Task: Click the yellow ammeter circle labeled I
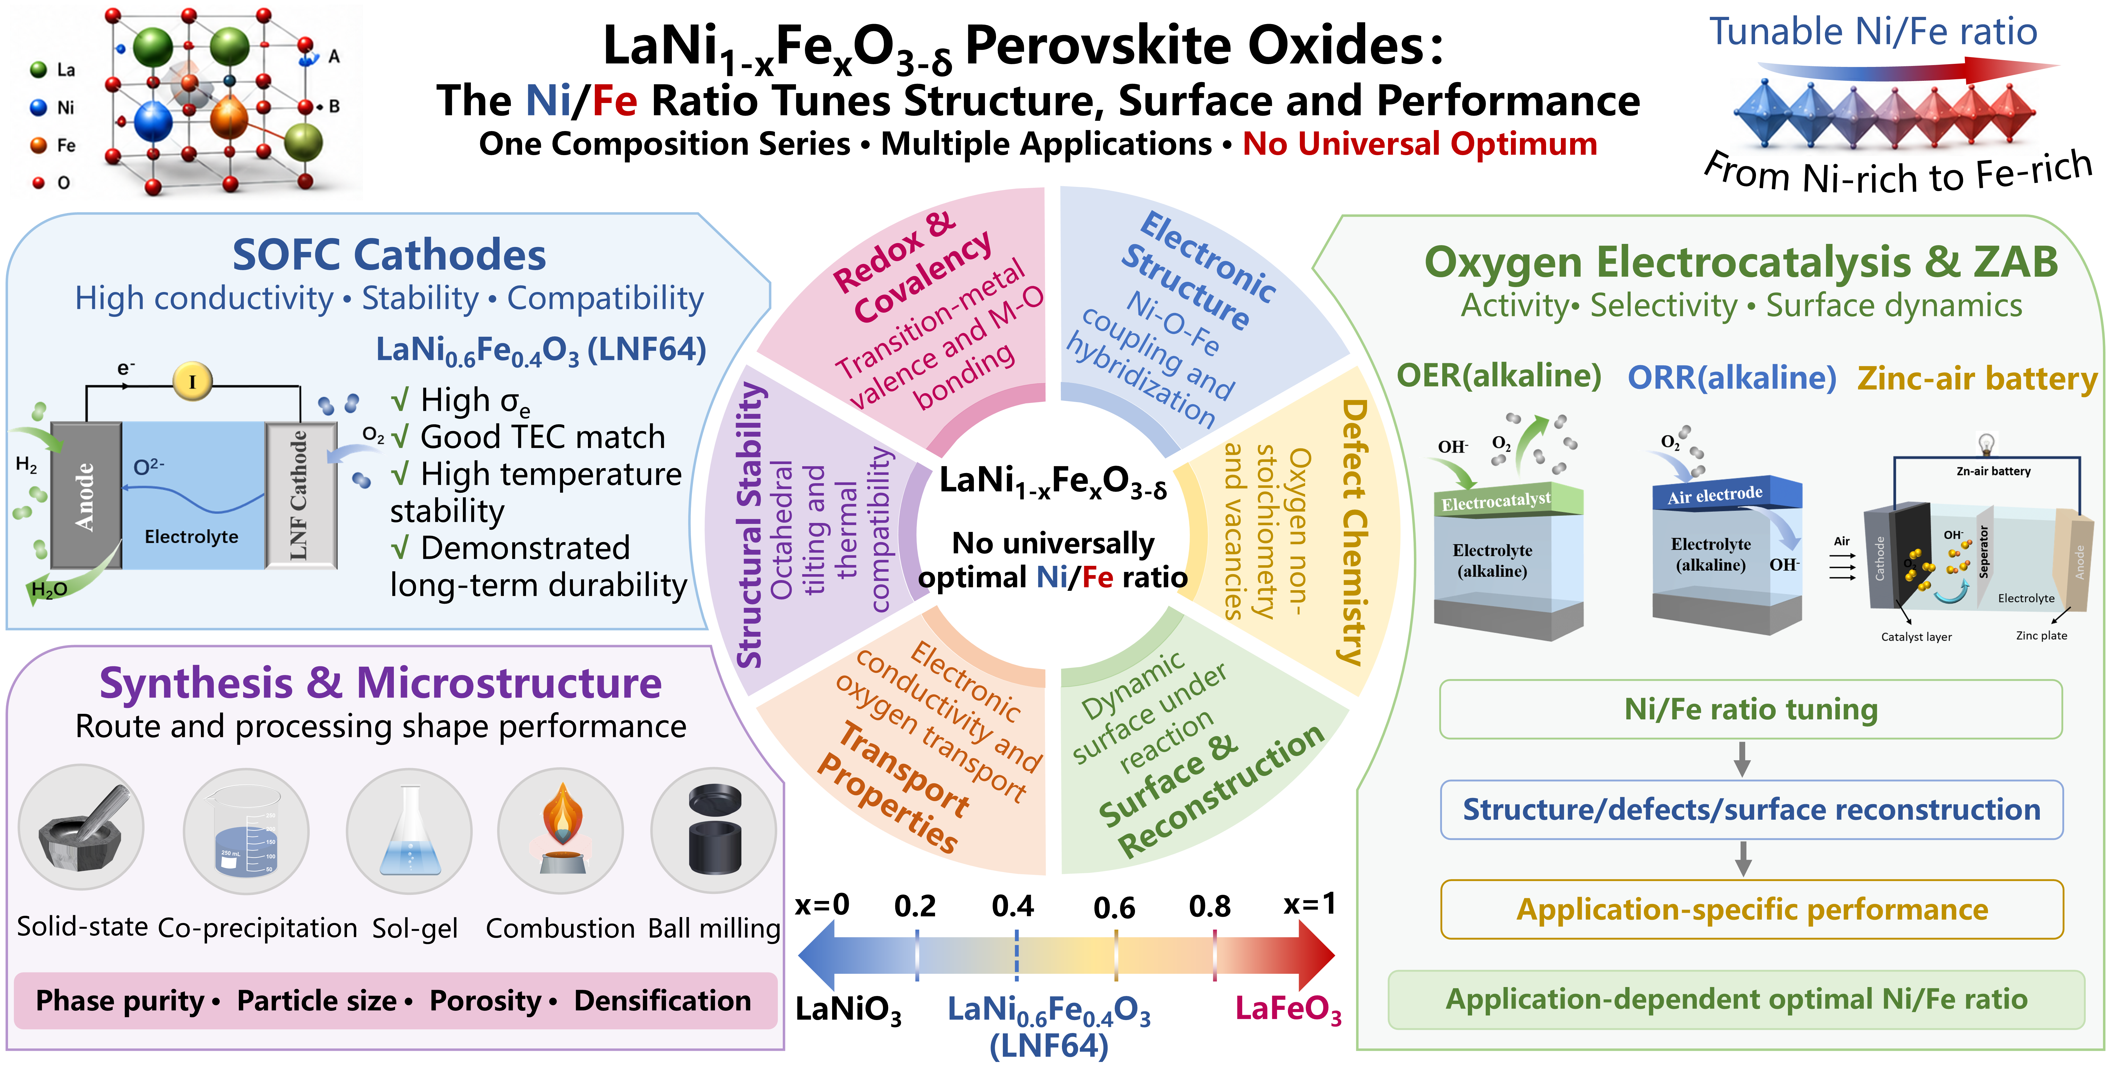193,381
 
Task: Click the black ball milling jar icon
715,829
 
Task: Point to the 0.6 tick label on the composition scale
1114,907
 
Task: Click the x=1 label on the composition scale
1309,904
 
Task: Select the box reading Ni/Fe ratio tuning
1751,709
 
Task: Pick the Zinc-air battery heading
1977,379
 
